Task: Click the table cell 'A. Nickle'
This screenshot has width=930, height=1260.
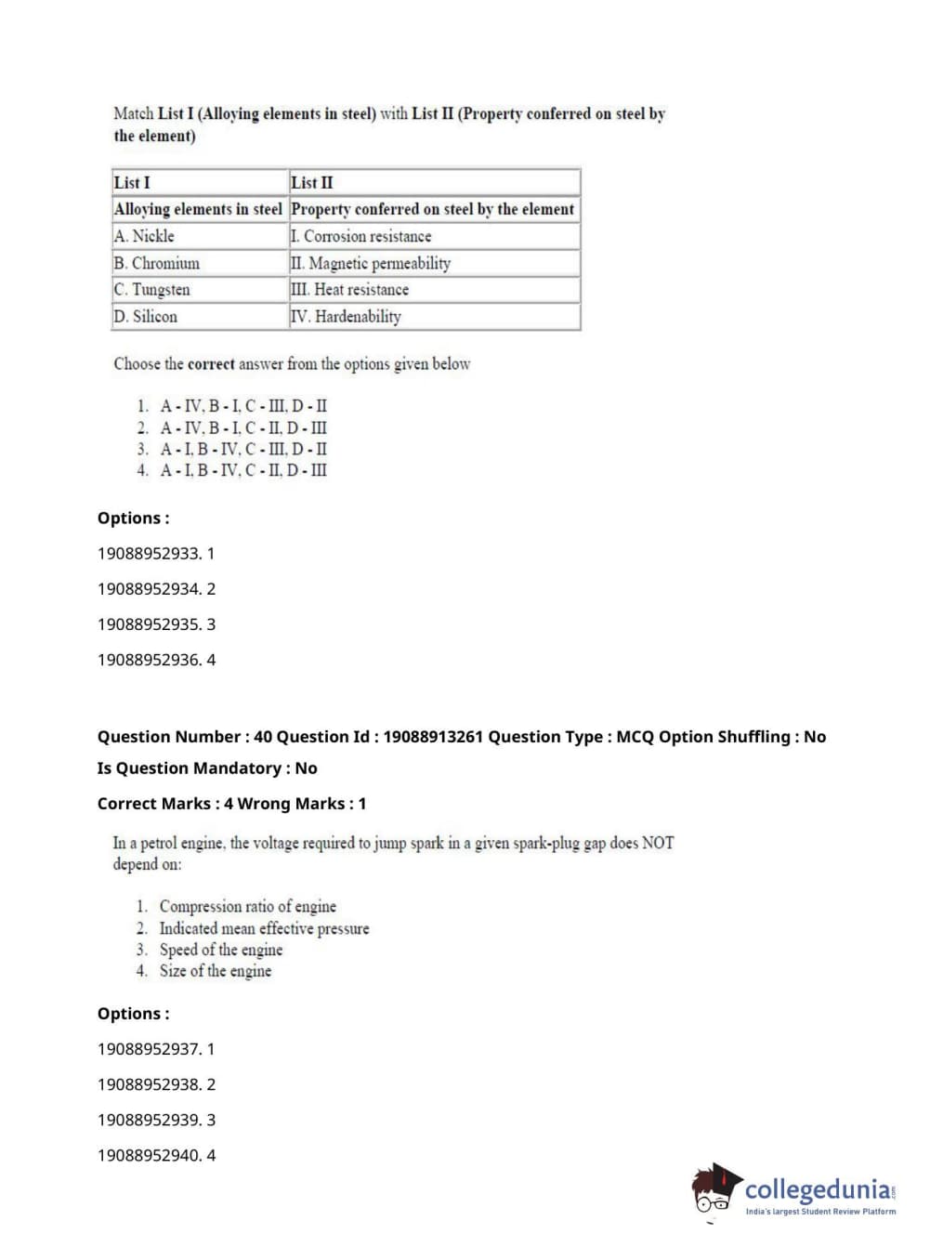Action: pos(144,237)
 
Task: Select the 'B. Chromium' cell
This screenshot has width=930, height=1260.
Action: pos(156,264)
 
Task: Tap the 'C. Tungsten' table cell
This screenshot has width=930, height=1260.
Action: pos(151,290)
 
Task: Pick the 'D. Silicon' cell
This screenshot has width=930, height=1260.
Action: pos(145,317)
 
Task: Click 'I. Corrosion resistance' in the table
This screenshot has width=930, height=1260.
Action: pos(361,237)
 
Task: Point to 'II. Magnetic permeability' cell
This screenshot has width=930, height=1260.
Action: pos(371,264)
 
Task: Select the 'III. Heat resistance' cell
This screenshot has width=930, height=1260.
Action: pos(349,290)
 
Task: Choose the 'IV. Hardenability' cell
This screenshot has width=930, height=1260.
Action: pos(346,317)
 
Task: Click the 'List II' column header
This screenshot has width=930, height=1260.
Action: pos(312,183)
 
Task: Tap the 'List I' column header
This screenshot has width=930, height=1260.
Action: pos(132,183)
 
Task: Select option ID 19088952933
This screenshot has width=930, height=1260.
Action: pos(156,554)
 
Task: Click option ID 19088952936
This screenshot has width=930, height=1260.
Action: pos(156,660)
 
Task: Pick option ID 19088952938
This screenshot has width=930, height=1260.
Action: pos(156,1084)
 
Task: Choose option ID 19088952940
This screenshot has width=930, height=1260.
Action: pos(156,1156)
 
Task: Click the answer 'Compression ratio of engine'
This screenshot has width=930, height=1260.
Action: pos(247,906)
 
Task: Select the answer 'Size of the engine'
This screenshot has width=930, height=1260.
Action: pos(216,971)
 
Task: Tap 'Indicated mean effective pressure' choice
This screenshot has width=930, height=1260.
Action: pos(264,928)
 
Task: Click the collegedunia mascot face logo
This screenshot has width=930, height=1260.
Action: pos(714,1190)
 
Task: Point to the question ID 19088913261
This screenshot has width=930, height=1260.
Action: pos(433,737)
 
